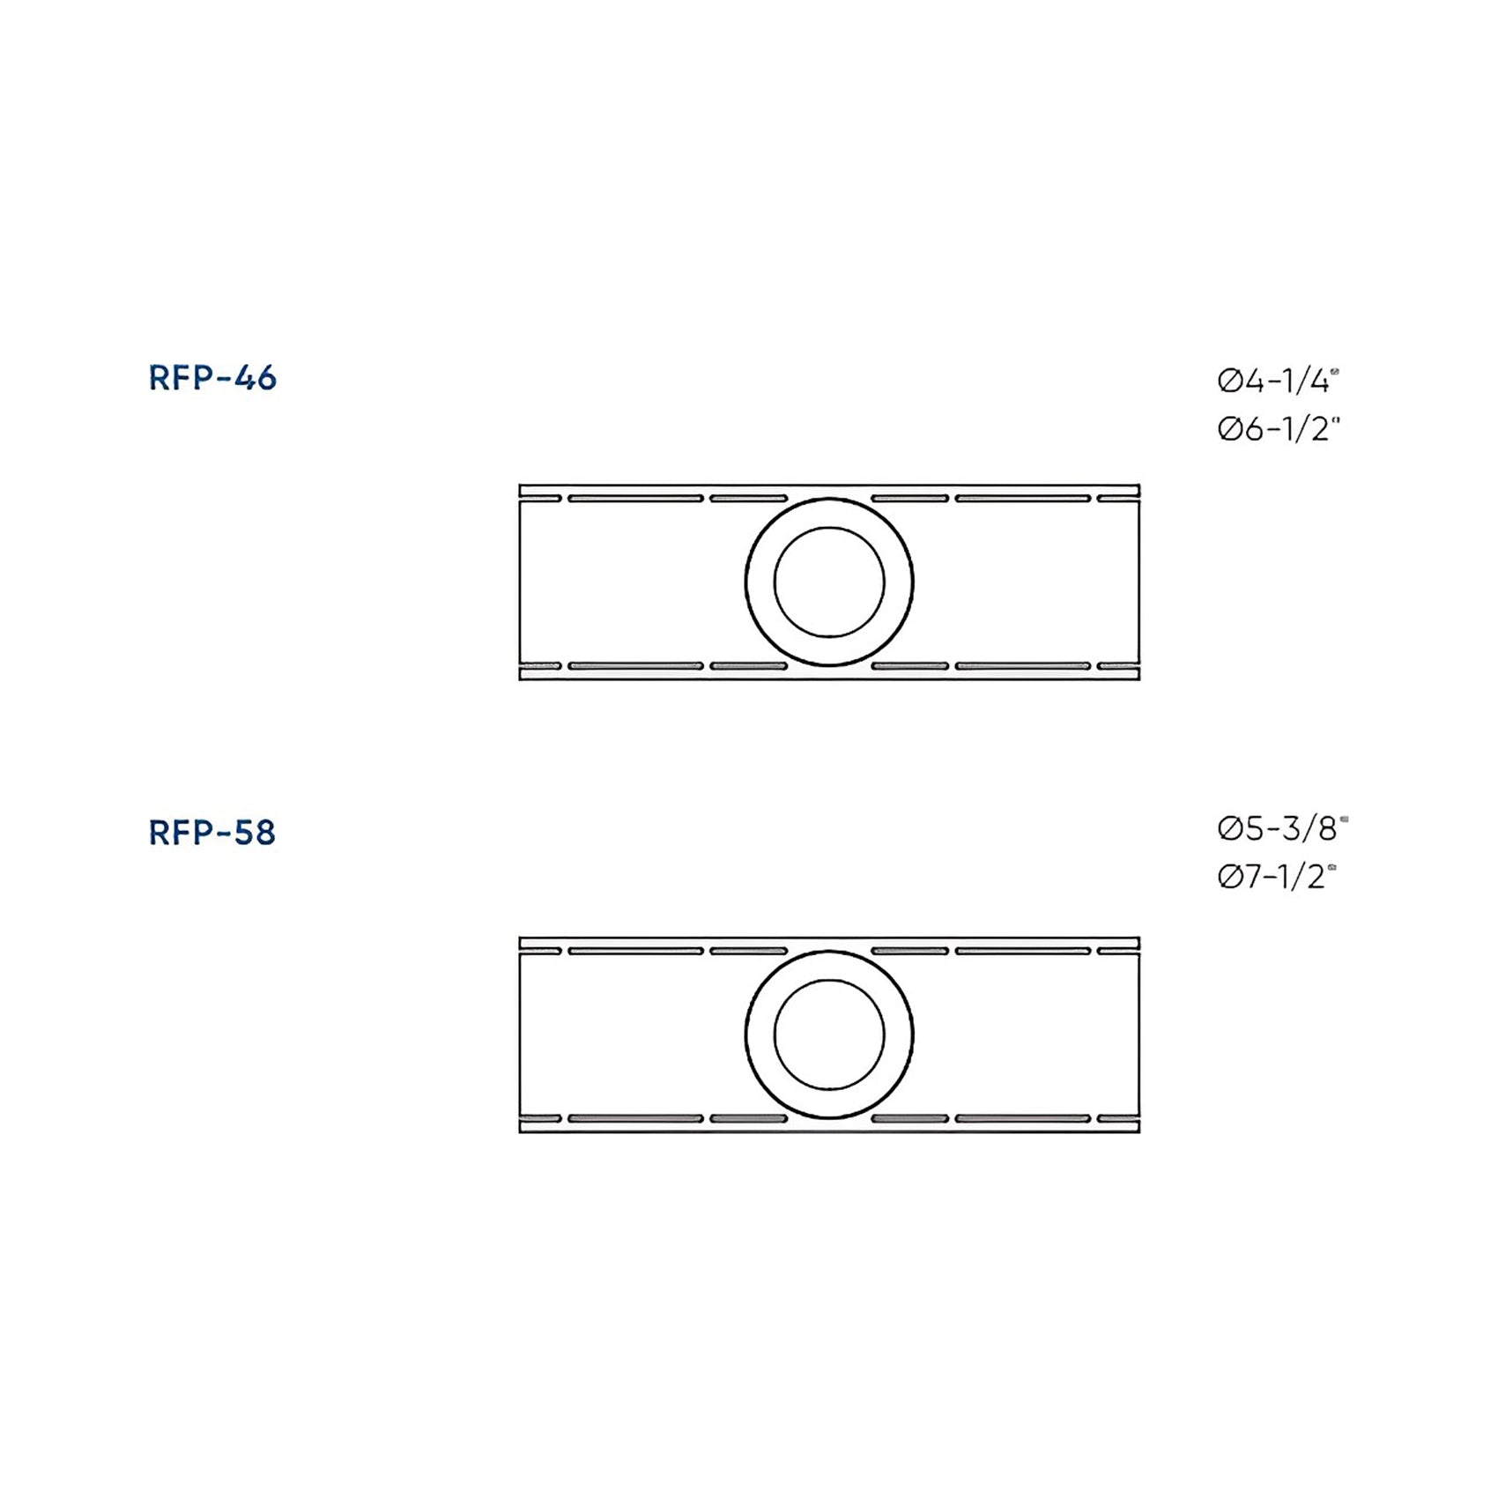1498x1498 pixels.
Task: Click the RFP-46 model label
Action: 212,378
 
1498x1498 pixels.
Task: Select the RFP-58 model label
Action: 212,833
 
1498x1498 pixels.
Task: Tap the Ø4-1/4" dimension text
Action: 1279,382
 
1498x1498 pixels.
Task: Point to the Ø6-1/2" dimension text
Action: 1279,429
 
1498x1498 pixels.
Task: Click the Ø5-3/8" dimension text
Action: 1283,828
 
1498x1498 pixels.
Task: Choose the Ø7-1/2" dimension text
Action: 1278,877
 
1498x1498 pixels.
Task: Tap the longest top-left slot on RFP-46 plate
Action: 635,499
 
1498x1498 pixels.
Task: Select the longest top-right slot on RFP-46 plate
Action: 1023,499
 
